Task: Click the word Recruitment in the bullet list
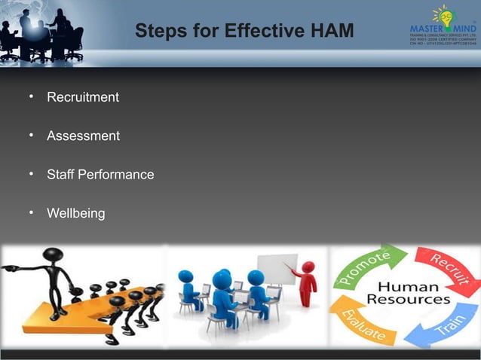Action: pyautogui.click(x=83, y=98)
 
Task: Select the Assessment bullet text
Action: pyautogui.click(x=83, y=136)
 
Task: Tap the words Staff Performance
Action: pyautogui.click(x=100, y=175)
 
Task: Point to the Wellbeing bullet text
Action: pyautogui.click(x=75, y=214)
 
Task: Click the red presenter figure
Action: pyautogui.click(x=307, y=282)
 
